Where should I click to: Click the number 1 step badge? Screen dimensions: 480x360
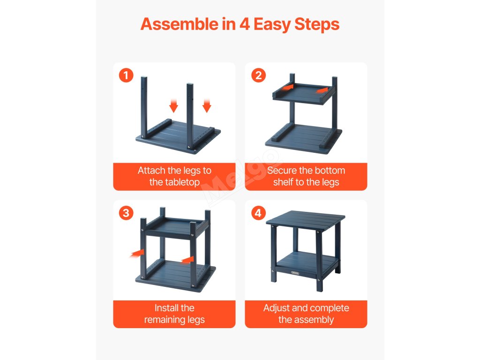click(x=126, y=75)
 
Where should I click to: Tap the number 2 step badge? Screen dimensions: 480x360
click(x=258, y=75)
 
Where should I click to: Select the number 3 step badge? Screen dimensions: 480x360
click(x=126, y=213)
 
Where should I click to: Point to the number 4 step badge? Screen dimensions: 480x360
click(x=258, y=213)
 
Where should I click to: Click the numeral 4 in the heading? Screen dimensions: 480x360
click(x=245, y=24)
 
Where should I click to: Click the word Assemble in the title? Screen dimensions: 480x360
click(x=179, y=24)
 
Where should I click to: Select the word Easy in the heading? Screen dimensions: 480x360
click(x=272, y=25)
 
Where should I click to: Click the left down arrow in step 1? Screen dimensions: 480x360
click(x=173, y=105)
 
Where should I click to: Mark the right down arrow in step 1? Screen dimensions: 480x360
click(x=207, y=105)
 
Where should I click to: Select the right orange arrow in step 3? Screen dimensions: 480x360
click(x=187, y=260)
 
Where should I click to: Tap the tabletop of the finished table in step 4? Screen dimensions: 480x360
click(x=306, y=220)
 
